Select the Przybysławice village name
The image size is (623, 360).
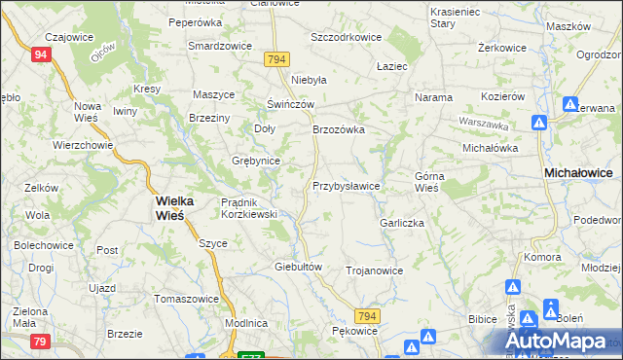(x=346, y=185)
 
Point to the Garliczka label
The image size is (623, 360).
(x=401, y=223)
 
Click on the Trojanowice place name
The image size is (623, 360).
(x=374, y=271)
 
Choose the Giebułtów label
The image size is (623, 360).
(x=299, y=266)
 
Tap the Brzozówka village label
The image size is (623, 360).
(x=338, y=129)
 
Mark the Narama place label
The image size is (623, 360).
(x=434, y=97)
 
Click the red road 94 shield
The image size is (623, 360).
(x=40, y=55)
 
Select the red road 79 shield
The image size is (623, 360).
(x=40, y=341)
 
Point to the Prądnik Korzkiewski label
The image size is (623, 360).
(x=250, y=208)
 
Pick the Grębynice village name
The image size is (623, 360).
(x=256, y=161)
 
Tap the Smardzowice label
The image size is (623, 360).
(x=220, y=46)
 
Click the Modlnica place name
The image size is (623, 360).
(x=245, y=323)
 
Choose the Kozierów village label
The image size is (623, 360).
(x=503, y=97)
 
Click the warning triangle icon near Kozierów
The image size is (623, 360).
(x=538, y=124)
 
